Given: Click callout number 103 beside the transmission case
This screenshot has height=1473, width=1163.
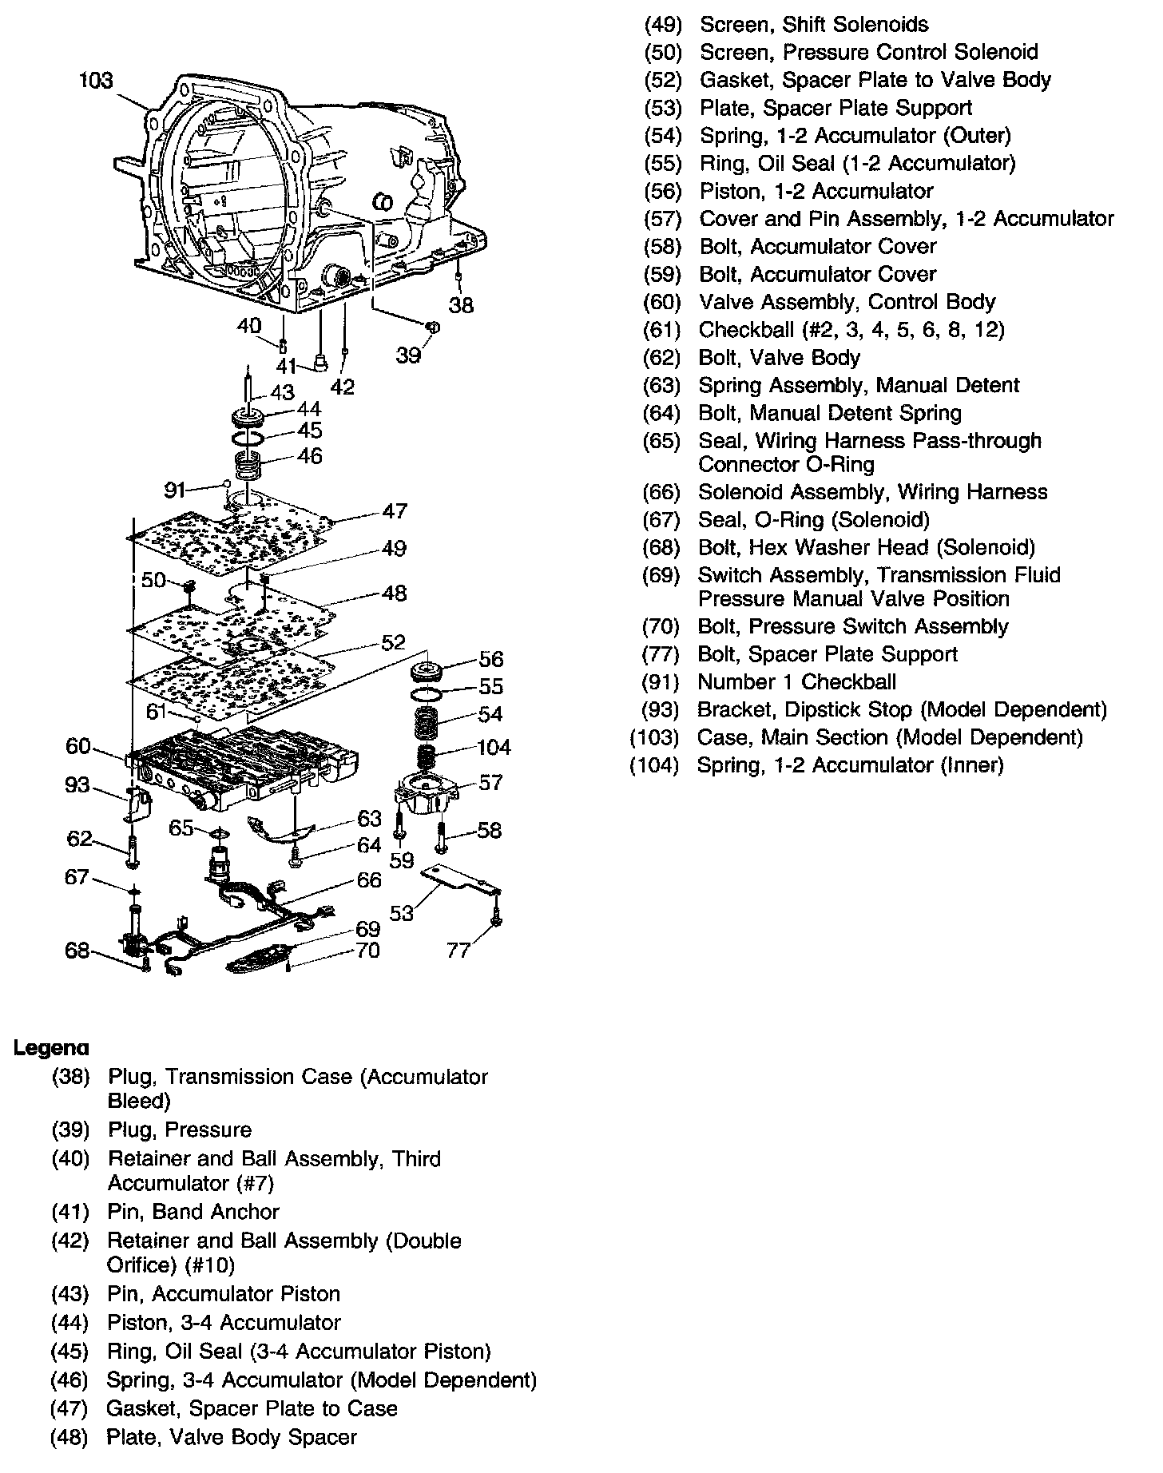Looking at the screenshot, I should [96, 81].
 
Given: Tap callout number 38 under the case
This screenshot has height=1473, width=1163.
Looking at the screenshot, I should [461, 305].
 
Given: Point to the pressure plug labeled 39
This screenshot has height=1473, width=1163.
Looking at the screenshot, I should [431, 326].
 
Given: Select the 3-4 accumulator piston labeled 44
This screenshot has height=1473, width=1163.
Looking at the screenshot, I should [248, 418].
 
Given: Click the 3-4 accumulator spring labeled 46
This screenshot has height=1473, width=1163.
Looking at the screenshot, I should [249, 463].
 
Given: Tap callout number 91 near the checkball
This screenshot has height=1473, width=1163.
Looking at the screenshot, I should [175, 488].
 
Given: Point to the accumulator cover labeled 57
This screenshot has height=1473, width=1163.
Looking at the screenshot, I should [424, 793].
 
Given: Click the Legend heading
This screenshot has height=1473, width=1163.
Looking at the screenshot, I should [51, 1048].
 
